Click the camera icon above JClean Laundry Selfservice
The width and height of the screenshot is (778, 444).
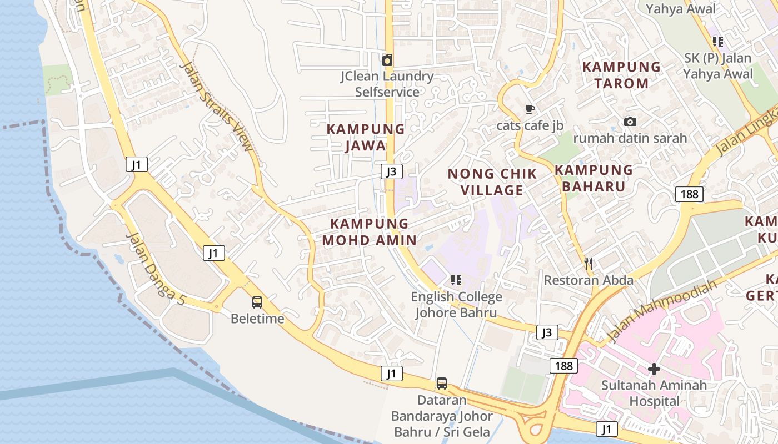tap(387, 59)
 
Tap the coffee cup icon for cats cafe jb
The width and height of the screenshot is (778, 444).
tap(530, 109)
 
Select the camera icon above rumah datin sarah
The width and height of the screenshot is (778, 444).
tap(630, 122)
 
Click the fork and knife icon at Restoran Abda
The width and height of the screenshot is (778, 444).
tap(589, 264)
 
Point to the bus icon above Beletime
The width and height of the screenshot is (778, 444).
tap(257, 302)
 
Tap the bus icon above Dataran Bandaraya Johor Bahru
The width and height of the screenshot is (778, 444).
tap(441, 384)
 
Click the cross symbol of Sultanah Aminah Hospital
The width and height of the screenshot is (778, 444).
tap(654, 369)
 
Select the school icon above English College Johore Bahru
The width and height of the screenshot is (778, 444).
tap(456, 280)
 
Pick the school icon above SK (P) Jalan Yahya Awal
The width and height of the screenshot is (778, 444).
tap(717, 41)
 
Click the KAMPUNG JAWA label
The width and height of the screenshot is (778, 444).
tap(365, 137)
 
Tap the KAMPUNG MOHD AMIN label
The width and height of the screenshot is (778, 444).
tap(369, 232)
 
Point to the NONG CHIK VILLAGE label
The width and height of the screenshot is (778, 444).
tap(492, 182)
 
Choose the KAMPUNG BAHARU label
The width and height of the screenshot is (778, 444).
tap(594, 178)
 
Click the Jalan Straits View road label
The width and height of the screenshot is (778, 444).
tap(217, 105)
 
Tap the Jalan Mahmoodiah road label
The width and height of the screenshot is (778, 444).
tap(661, 312)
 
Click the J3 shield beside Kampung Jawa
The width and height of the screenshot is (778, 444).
tap(391, 171)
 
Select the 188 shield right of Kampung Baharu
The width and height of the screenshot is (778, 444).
tap(689, 194)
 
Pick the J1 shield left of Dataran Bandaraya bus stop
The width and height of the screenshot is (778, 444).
tap(391, 374)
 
